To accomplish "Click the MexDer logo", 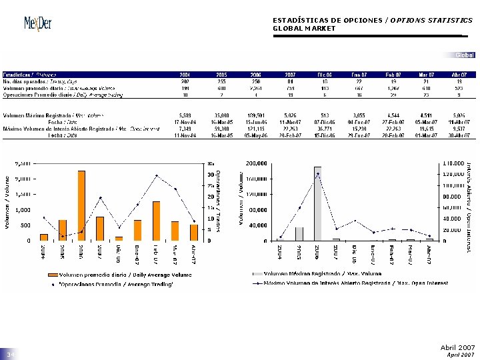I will pos(37,23).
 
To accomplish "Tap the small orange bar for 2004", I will pos(44,237).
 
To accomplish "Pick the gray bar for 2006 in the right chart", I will pos(318,203).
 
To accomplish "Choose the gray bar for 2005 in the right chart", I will pos(299,233).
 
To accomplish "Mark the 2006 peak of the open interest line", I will pos(318,174).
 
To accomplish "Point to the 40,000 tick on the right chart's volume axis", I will pos(256,225).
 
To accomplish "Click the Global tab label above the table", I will pos(465,55).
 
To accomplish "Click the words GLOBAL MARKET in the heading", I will pos(304,29).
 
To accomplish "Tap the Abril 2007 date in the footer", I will pos(457,347).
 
